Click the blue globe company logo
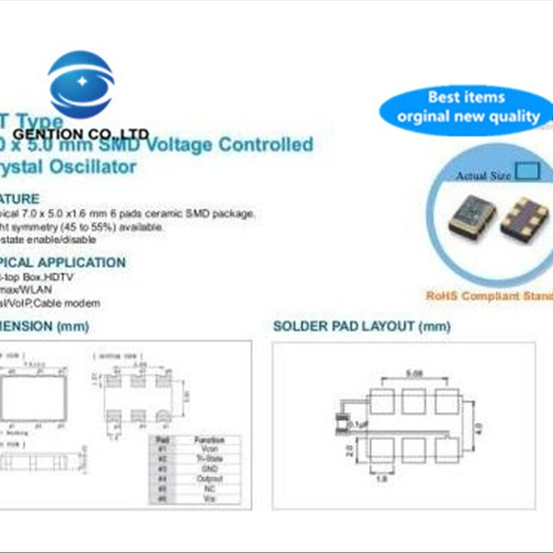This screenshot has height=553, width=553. (x=81, y=84)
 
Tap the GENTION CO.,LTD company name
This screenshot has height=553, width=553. (x=82, y=133)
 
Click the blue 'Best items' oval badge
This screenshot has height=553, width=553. (x=467, y=107)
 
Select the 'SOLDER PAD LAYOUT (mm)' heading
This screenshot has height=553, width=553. (x=362, y=326)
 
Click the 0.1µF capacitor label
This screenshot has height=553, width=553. (x=358, y=423)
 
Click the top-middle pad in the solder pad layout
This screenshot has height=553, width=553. (x=414, y=402)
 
